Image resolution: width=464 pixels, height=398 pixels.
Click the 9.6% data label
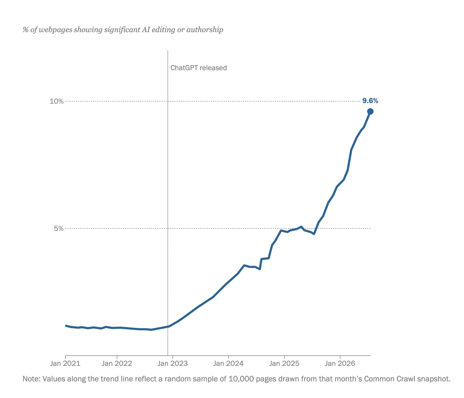[x=370, y=101]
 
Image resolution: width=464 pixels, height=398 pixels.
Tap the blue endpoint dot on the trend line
[x=370, y=111]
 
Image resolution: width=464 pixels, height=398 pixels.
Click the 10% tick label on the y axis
[x=57, y=101]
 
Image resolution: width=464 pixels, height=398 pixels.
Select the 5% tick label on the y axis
[x=59, y=228]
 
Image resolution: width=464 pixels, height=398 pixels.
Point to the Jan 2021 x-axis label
[x=65, y=363]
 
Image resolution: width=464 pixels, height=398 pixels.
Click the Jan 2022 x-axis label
[x=117, y=363]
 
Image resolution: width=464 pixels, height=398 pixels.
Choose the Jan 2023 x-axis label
[x=173, y=363]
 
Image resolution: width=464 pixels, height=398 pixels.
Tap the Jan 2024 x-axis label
[x=228, y=363]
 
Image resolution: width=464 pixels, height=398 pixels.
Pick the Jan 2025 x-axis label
[x=284, y=363]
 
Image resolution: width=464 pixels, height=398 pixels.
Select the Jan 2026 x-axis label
[x=340, y=363]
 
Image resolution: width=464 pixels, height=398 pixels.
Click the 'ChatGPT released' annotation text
[x=199, y=68]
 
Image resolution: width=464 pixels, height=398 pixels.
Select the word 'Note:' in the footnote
[x=31, y=379]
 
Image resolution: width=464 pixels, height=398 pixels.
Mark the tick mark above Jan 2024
[x=228, y=357]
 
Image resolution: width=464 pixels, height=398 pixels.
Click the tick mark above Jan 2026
[x=340, y=357]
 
